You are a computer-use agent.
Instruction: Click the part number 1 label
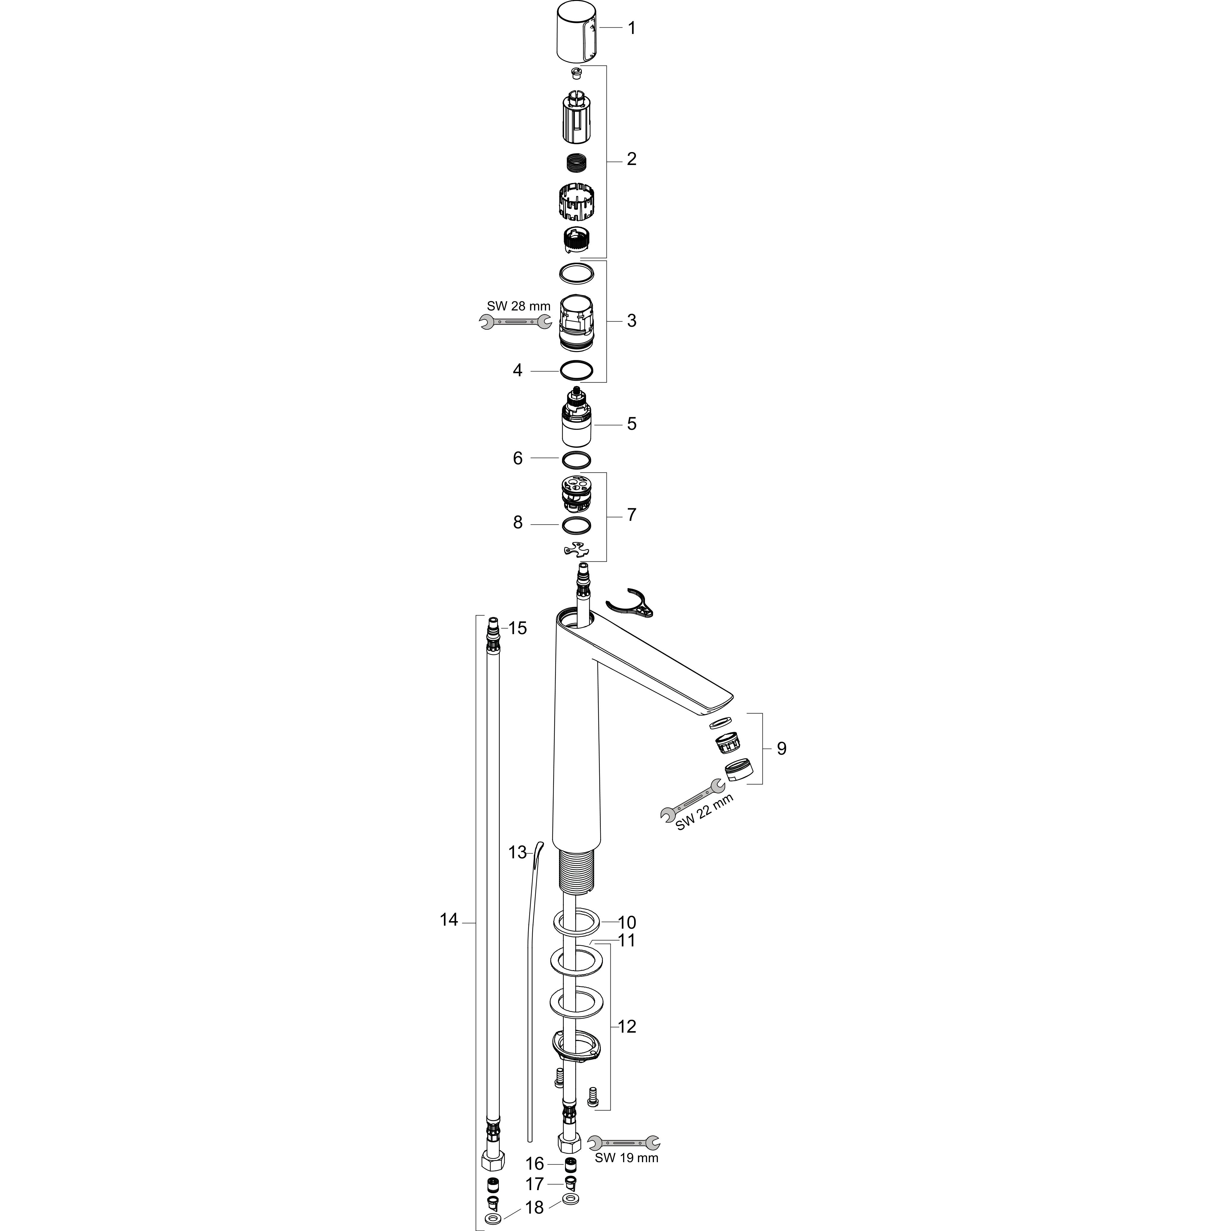(631, 28)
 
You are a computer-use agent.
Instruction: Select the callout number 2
(631, 159)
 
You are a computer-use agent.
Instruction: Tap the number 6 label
(518, 458)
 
